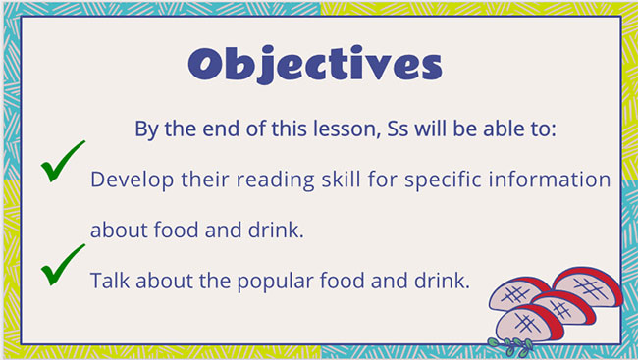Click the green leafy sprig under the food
click(510, 343)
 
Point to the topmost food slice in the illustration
click(587, 286)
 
